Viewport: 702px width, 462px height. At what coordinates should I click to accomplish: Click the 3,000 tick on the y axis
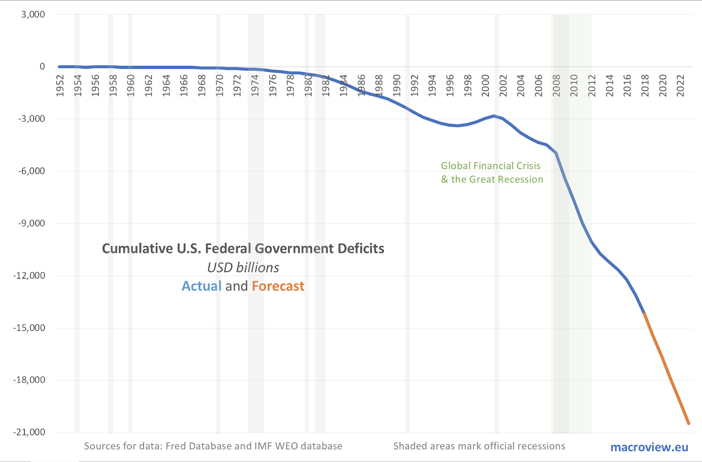pyautogui.click(x=33, y=14)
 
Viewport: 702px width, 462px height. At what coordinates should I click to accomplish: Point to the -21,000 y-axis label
pyautogui.click(x=29, y=432)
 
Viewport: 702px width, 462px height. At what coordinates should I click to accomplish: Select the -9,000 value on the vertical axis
pyautogui.click(x=31, y=223)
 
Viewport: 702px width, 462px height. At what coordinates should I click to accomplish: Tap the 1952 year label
pyautogui.click(x=60, y=86)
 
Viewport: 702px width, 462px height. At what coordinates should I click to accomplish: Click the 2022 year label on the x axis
pyautogui.click(x=681, y=86)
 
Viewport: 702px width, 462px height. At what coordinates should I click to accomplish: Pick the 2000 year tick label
pyautogui.click(x=485, y=86)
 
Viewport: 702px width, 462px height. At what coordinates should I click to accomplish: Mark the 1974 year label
pyautogui.click(x=255, y=86)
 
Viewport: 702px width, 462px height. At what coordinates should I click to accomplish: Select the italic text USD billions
pyautogui.click(x=243, y=268)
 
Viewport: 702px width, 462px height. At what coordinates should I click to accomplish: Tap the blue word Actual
pyautogui.click(x=201, y=286)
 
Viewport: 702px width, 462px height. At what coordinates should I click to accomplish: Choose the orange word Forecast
pyautogui.click(x=278, y=286)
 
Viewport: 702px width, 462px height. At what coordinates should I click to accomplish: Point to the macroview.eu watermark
pyautogui.click(x=649, y=447)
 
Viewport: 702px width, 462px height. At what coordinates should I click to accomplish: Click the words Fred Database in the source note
pyautogui.click(x=199, y=446)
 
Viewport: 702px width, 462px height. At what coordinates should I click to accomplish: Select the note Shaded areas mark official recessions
pyautogui.click(x=479, y=446)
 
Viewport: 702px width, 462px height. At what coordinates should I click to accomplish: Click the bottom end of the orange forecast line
pyautogui.click(x=689, y=423)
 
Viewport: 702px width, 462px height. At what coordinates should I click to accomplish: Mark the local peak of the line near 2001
pyautogui.click(x=494, y=116)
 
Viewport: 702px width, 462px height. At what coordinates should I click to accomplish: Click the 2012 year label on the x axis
pyautogui.click(x=592, y=86)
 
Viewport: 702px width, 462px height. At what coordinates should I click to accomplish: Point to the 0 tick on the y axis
pyautogui.click(x=42, y=67)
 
